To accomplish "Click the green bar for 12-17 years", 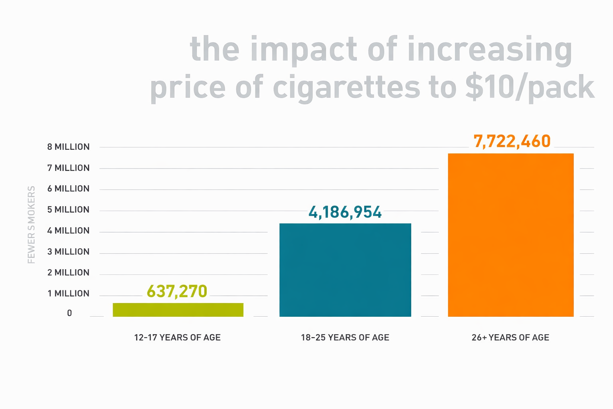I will coord(178,310).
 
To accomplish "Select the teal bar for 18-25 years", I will coord(345,270).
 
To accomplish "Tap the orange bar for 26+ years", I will coord(510,235).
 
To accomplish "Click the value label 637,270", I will coord(177,292).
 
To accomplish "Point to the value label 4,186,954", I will coord(345,212).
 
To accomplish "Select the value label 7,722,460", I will coord(512,141).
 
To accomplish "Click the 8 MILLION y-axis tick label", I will coord(68,147).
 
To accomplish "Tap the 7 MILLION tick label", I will coord(68,168).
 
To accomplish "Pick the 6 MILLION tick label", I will coord(68,189).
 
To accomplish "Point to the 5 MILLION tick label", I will coord(68,210).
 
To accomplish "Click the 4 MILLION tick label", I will coord(68,231).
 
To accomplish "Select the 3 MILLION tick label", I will coord(68,252).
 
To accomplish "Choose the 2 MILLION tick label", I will coord(68,273).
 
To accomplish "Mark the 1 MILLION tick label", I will coord(68,294).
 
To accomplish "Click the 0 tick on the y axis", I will coord(69,313).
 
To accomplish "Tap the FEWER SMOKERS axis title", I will coord(32,224).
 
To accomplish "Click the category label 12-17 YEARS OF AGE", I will coord(177,338).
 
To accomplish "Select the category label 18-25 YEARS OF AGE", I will coord(345,338).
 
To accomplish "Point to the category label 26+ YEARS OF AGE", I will coord(510,338).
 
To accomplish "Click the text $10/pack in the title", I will coord(530,87).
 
